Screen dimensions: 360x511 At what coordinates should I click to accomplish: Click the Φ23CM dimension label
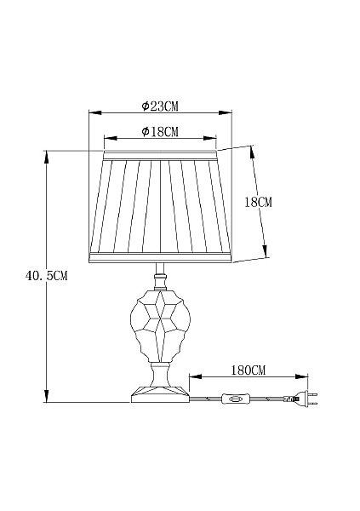point(160,106)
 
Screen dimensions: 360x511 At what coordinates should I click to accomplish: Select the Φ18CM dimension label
point(160,132)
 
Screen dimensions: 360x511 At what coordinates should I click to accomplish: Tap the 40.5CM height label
point(46,276)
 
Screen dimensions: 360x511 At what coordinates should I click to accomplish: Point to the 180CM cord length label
point(249,370)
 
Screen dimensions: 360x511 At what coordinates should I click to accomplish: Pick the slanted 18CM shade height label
point(258,203)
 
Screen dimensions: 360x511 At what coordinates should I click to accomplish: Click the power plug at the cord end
point(306,399)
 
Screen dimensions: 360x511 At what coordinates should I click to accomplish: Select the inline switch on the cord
point(236,399)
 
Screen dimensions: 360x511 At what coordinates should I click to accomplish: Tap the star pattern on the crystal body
point(160,317)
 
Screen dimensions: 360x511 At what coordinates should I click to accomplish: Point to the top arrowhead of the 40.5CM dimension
point(47,157)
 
